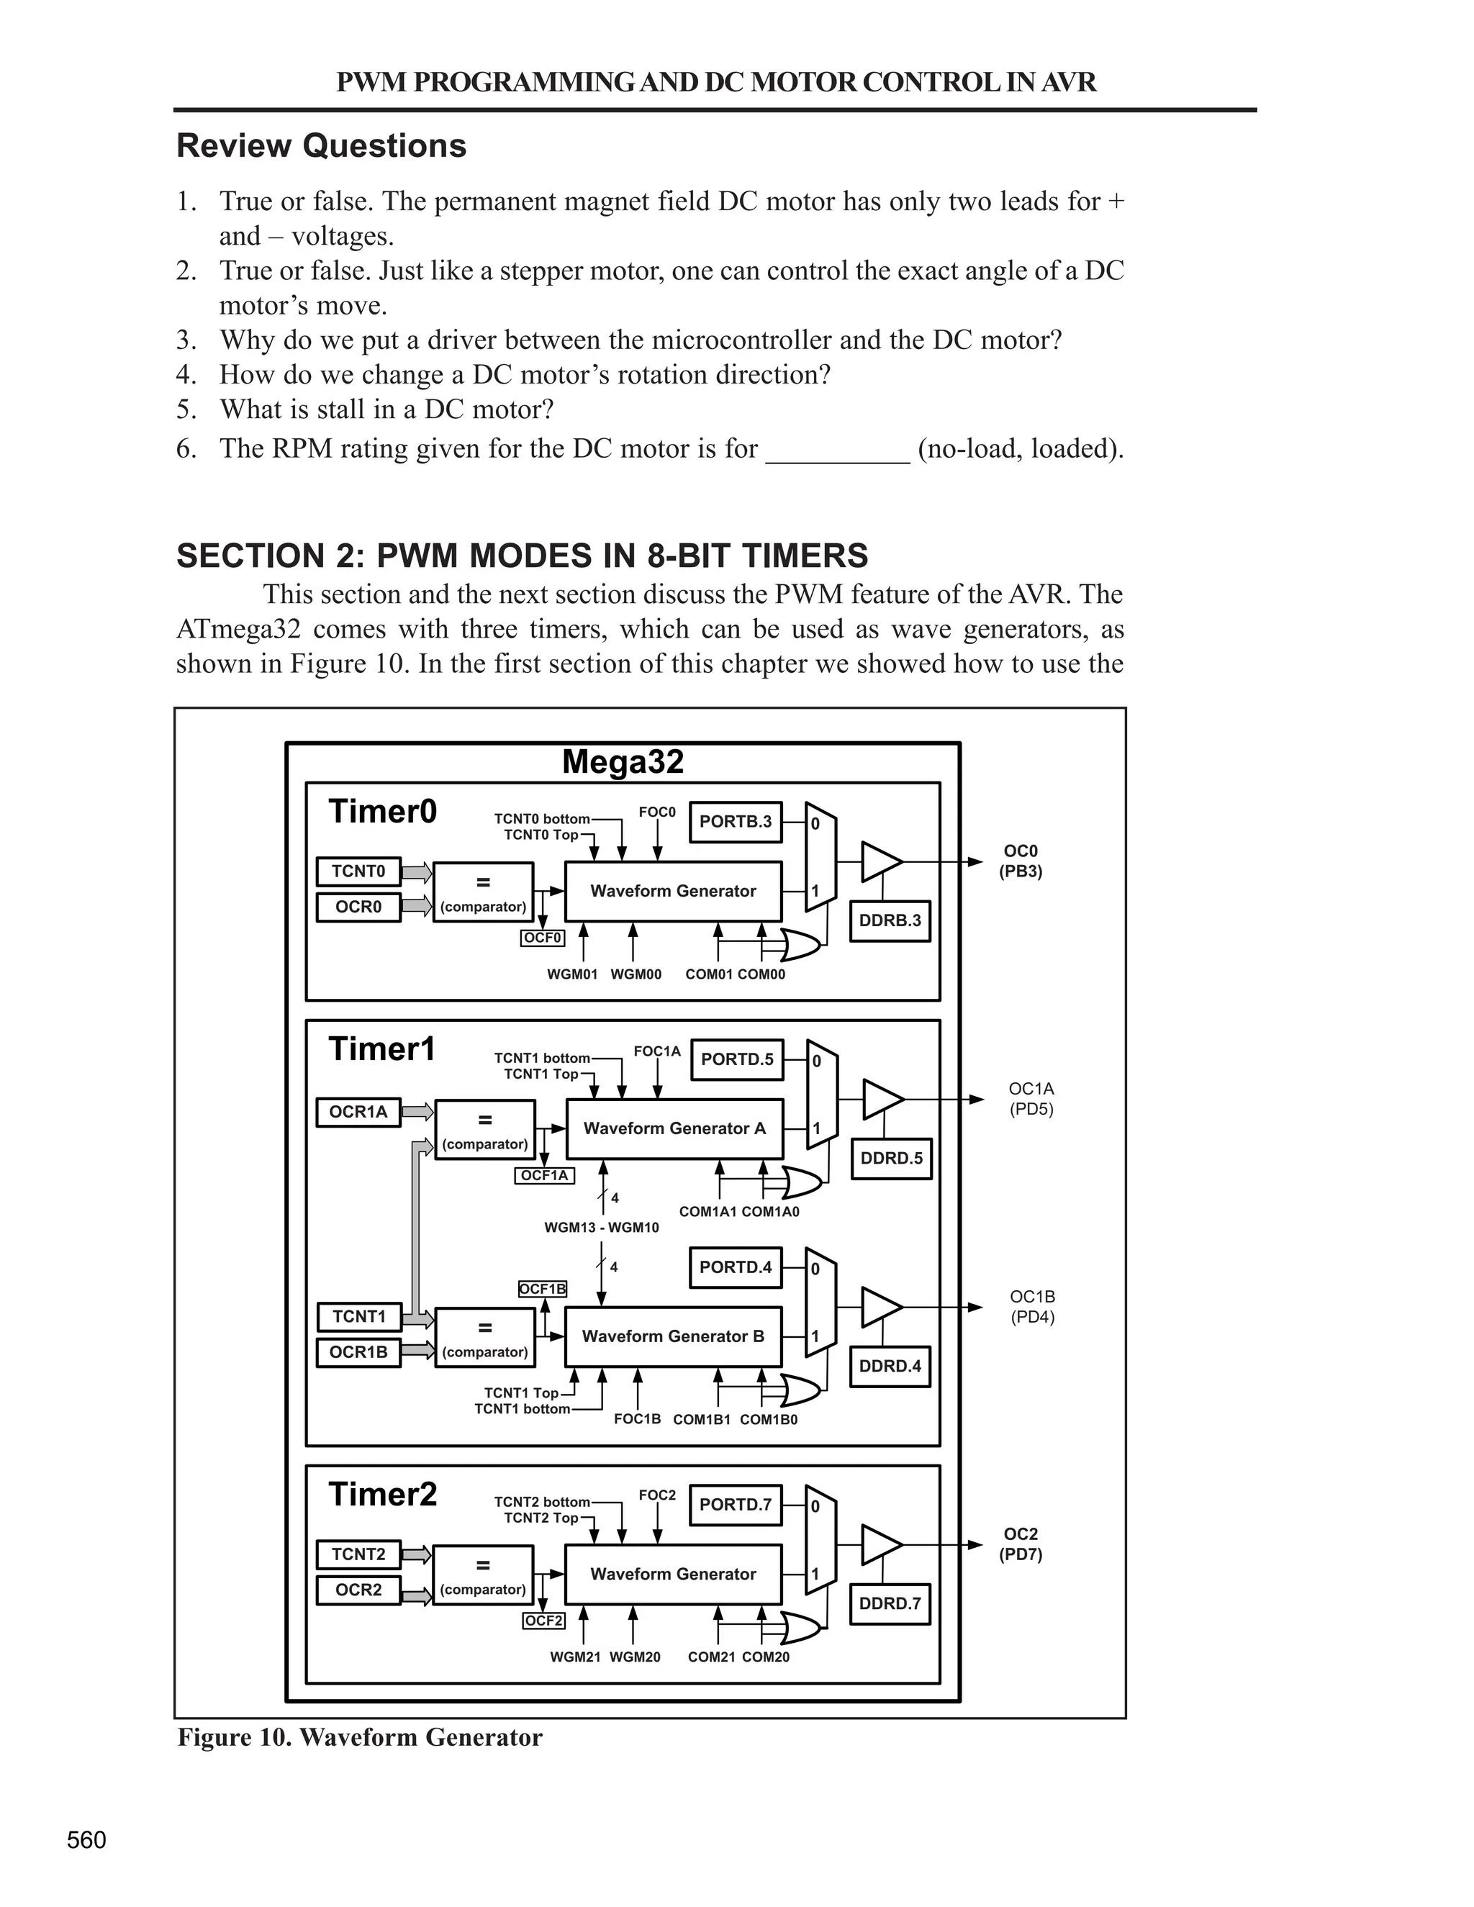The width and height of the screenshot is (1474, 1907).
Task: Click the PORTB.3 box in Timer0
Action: point(736,822)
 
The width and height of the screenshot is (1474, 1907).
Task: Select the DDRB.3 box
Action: point(890,920)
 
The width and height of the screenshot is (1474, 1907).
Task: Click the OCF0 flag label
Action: point(542,938)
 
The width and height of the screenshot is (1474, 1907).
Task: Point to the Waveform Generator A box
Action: point(674,1128)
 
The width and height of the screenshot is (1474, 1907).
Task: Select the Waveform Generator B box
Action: point(672,1336)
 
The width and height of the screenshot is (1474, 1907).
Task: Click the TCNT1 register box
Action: point(358,1316)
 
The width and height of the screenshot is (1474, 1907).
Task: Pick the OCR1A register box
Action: point(358,1112)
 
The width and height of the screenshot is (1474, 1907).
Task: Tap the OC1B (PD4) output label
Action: point(1032,1307)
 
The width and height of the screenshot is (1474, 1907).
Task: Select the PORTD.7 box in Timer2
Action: point(736,1505)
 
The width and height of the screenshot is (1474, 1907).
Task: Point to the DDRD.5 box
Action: point(891,1158)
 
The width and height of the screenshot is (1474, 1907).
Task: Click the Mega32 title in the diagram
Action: point(623,761)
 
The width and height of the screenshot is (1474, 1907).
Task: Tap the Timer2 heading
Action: point(382,1494)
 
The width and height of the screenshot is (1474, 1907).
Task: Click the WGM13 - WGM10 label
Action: point(602,1227)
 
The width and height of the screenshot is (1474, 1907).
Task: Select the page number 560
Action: point(86,1840)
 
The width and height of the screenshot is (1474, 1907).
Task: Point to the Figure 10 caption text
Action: point(360,1738)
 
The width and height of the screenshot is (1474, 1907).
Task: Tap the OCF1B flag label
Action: point(542,1289)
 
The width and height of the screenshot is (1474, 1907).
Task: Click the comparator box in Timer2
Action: point(483,1575)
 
